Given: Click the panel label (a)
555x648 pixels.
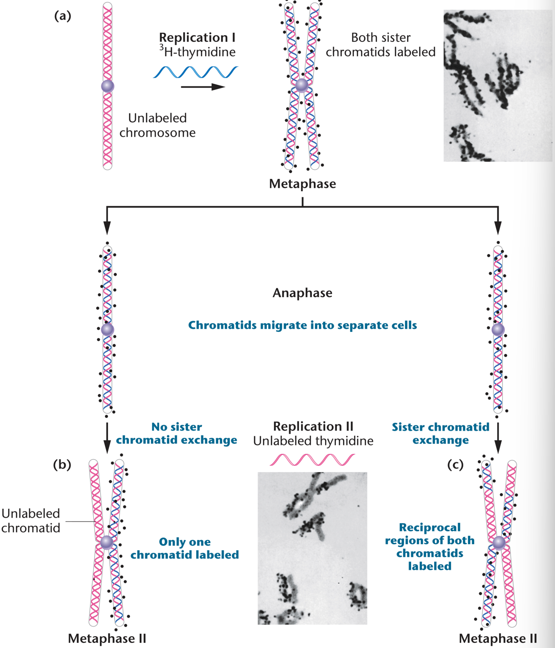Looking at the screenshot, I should point(62,16).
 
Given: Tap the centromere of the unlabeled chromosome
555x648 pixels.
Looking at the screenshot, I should point(108,86).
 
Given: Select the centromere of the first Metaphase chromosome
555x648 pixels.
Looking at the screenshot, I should point(302,85).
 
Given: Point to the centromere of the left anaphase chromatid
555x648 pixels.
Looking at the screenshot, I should point(107,329).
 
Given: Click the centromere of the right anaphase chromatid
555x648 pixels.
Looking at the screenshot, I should point(498,329).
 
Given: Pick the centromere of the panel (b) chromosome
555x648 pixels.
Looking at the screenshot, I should point(106,542).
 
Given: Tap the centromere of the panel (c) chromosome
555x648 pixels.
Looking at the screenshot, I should point(499,542).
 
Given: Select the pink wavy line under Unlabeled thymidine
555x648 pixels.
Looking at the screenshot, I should point(312,459).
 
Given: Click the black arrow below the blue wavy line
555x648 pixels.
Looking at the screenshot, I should point(203,87).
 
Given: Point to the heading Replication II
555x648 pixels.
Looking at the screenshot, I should point(313,427).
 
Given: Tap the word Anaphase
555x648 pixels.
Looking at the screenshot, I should point(302,293).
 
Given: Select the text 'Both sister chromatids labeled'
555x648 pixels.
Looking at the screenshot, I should point(380,44).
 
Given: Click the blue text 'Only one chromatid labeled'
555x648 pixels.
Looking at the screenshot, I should point(184,548).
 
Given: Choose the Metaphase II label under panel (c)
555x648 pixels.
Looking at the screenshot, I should point(498,638).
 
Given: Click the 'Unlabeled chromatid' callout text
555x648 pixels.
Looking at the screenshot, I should point(31,521).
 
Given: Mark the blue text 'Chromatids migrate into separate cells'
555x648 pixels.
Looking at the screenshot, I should point(302,325).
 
